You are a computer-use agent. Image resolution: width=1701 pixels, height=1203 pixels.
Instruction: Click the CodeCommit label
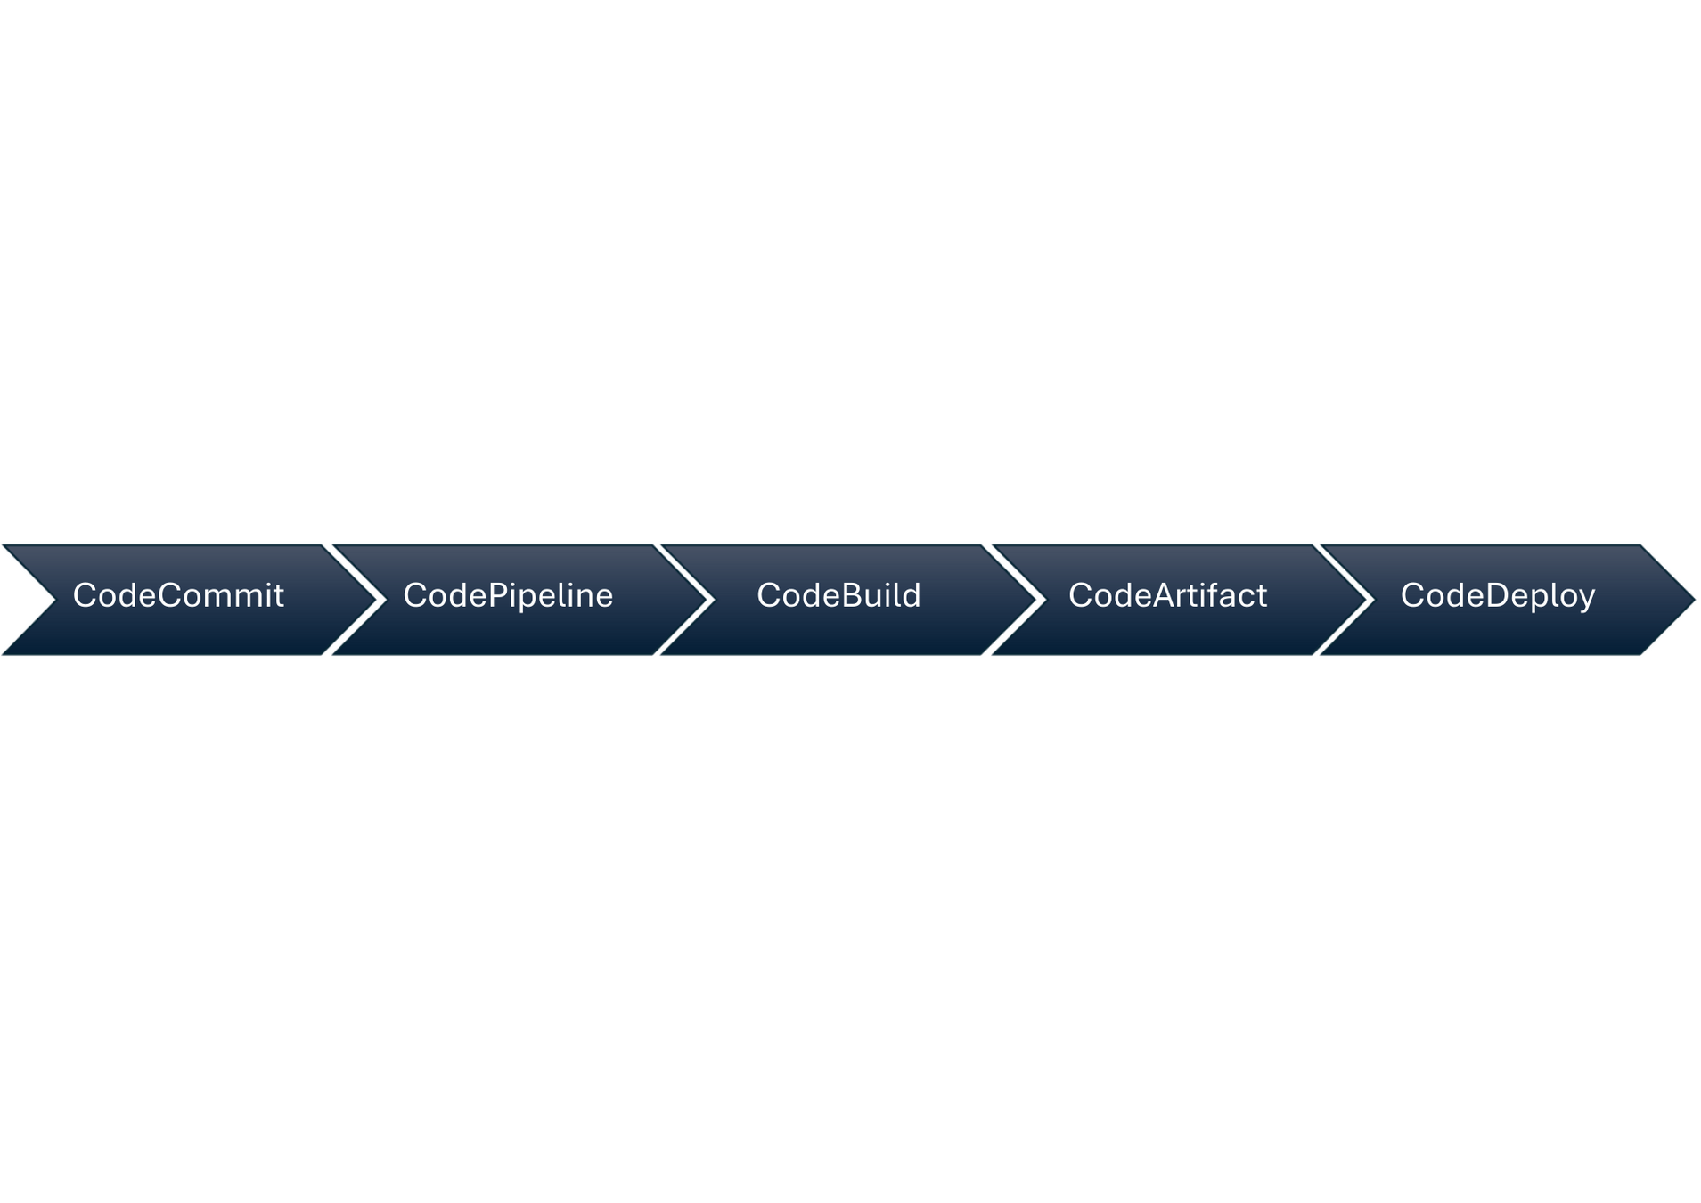point(178,595)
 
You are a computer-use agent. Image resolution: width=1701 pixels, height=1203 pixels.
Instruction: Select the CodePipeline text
point(508,595)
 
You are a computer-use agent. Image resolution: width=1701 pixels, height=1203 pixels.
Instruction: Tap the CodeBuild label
point(838,595)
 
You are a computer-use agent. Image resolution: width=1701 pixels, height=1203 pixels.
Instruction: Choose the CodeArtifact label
point(1167,595)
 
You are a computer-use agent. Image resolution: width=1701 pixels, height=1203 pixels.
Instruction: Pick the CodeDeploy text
point(1497,595)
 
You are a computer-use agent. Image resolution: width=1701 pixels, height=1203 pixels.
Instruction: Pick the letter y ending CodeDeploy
point(1586,599)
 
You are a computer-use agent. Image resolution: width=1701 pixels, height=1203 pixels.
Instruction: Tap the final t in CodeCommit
point(279,595)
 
